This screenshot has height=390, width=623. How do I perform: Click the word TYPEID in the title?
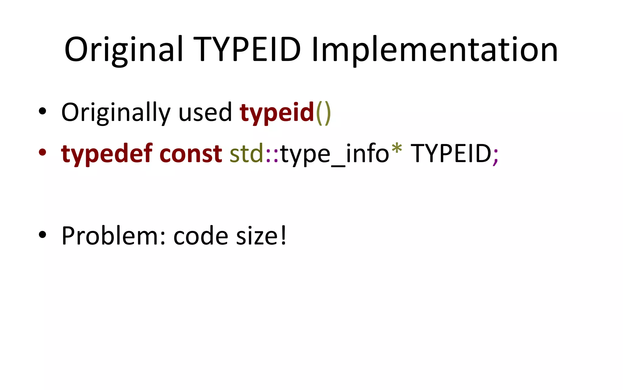247,49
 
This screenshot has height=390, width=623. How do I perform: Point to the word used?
205,112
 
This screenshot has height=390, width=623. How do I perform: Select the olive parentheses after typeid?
323,113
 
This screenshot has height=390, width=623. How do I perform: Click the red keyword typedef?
107,154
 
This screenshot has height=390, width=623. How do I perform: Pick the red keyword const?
191,154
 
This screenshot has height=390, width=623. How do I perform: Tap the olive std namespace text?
246,154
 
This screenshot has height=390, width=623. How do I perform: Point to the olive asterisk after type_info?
397,149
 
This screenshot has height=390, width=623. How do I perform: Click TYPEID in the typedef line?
451,154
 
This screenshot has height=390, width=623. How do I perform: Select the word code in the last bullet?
201,236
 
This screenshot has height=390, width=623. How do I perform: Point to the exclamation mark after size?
284,235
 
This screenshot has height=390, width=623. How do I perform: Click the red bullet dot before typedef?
43,152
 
